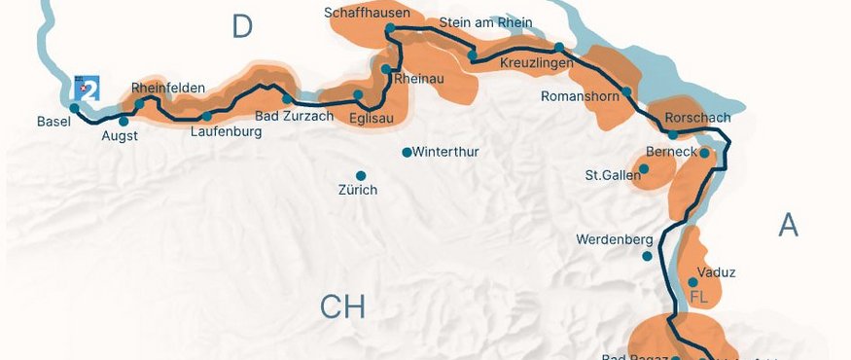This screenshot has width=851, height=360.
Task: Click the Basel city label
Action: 53,122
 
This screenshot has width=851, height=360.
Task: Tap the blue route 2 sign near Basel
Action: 89,90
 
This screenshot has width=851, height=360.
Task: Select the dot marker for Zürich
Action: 360,175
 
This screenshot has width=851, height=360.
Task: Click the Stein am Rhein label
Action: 485,21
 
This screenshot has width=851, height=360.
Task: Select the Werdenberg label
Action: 613,238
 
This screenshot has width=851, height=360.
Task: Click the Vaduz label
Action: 717,272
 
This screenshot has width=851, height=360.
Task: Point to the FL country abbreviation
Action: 698,297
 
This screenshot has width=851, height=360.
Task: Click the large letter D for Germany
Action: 242,27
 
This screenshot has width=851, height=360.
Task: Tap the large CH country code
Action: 342,307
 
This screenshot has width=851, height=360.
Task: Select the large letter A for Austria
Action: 788,225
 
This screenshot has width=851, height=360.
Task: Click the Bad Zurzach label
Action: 294,116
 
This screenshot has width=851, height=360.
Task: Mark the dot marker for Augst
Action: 124,122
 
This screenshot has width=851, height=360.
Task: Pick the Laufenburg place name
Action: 227,131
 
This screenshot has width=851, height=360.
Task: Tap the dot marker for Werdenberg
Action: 647,257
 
